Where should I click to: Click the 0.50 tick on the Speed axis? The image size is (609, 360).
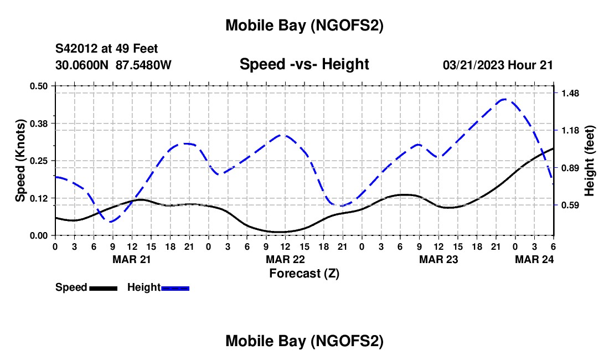[39, 85]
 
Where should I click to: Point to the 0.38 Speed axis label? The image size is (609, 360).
[39, 123]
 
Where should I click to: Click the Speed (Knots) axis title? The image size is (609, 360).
[20, 161]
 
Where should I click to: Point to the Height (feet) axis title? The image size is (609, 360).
[589, 161]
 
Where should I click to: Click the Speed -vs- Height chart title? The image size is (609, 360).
[304, 65]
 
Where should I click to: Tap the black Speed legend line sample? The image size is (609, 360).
[104, 287]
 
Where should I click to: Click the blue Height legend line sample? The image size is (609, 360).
[176, 287]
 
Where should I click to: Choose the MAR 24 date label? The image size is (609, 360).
[535, 259]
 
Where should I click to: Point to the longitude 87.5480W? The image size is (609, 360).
[143, 65]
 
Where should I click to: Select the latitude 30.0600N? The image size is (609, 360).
[83, 65]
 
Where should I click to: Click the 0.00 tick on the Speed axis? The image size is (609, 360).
[39, 235]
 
